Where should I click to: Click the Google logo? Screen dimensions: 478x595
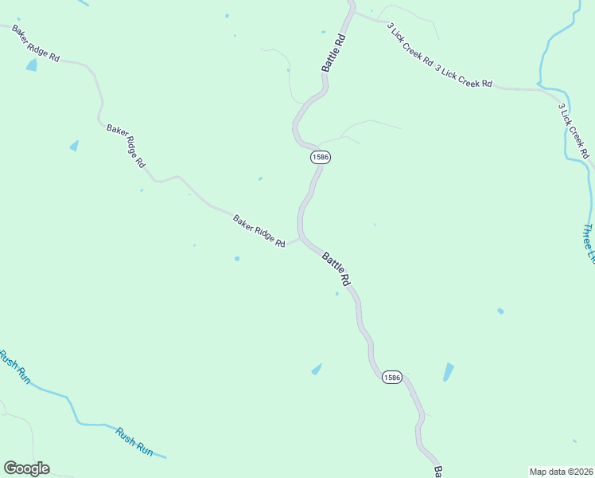pyautogui.click(x=26, y=468)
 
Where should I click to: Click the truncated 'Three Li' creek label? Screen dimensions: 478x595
pyautogui.click(x=588, y=242)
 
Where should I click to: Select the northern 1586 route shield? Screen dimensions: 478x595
pyautogui.click(x=321, y=157)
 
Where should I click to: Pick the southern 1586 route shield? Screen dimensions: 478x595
pyautogui.click(x=391, y=376)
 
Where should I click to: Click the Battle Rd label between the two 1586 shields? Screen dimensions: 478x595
pyautogui.click(x=336, y=269)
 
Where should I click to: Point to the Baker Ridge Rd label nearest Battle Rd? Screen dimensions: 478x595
pyautogui.click(x=259, y=231)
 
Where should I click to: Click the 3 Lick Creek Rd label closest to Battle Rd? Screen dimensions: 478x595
pyautogui.click(x=410, y=44)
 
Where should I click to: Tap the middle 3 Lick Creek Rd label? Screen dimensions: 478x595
pyautogui.click(x=464, y=76)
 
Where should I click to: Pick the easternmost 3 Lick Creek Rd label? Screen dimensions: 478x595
pyautogui.click(x=573, y=130)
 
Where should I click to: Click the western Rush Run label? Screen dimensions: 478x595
pyautogui.click(x=14, y=367)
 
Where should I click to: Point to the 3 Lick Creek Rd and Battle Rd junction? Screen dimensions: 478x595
pyautogui.click(x=352, y=12)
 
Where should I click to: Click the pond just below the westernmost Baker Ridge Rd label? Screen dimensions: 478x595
pyautogui.click(x=32, y=65)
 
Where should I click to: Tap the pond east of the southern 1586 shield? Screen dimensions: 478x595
pyautogui.click(x=449, y=371)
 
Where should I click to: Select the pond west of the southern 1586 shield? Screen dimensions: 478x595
pyautogui.click(x=317, y=369)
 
